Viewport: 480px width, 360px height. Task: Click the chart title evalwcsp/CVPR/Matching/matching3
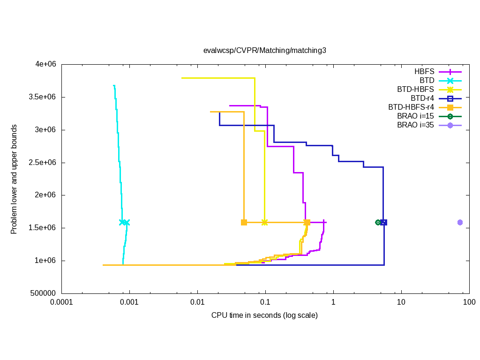264,50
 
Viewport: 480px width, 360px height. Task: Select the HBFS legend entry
424,72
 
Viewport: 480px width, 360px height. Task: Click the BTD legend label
427,81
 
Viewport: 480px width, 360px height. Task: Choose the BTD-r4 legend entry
422,98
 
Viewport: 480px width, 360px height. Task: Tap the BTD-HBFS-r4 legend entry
412,107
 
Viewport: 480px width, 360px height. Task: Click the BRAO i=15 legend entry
415,116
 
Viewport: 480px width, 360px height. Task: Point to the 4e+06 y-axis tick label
44,64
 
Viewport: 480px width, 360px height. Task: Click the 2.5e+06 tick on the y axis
41,163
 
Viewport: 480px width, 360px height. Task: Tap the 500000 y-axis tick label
43,293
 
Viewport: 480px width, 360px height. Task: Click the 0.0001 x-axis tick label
61,303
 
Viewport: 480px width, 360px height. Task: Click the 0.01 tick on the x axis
197,303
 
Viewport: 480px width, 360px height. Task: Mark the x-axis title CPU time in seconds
264,315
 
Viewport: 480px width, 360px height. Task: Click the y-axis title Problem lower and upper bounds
15,179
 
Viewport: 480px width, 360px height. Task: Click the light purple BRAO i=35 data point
460,222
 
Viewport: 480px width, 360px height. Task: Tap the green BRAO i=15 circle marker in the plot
378,222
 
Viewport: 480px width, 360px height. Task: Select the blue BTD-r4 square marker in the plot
384,222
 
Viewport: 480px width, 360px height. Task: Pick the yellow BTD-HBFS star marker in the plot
264,222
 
